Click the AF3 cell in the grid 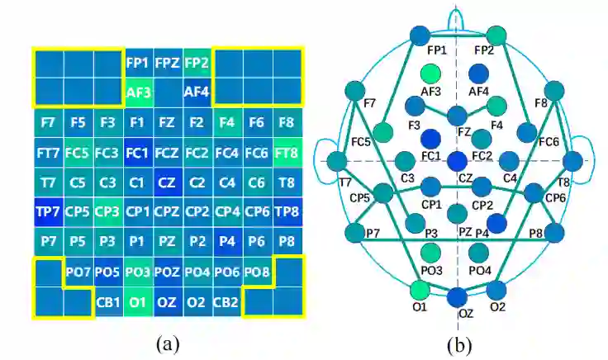pos(138,92)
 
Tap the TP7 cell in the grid pos(47,211)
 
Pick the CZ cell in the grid pos(167,182)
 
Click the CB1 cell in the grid pos(108,301)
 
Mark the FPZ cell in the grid pos(167,62)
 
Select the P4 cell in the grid pos(226,241)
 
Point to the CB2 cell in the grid pos(226,301)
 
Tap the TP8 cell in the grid pos(286,211)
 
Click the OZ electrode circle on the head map pos(457,296)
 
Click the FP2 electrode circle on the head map pos(496,36)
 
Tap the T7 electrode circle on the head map pos(337,159)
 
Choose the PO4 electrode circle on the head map pos(478,253)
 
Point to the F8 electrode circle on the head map pos(554,92)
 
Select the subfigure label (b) pos(458,340)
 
